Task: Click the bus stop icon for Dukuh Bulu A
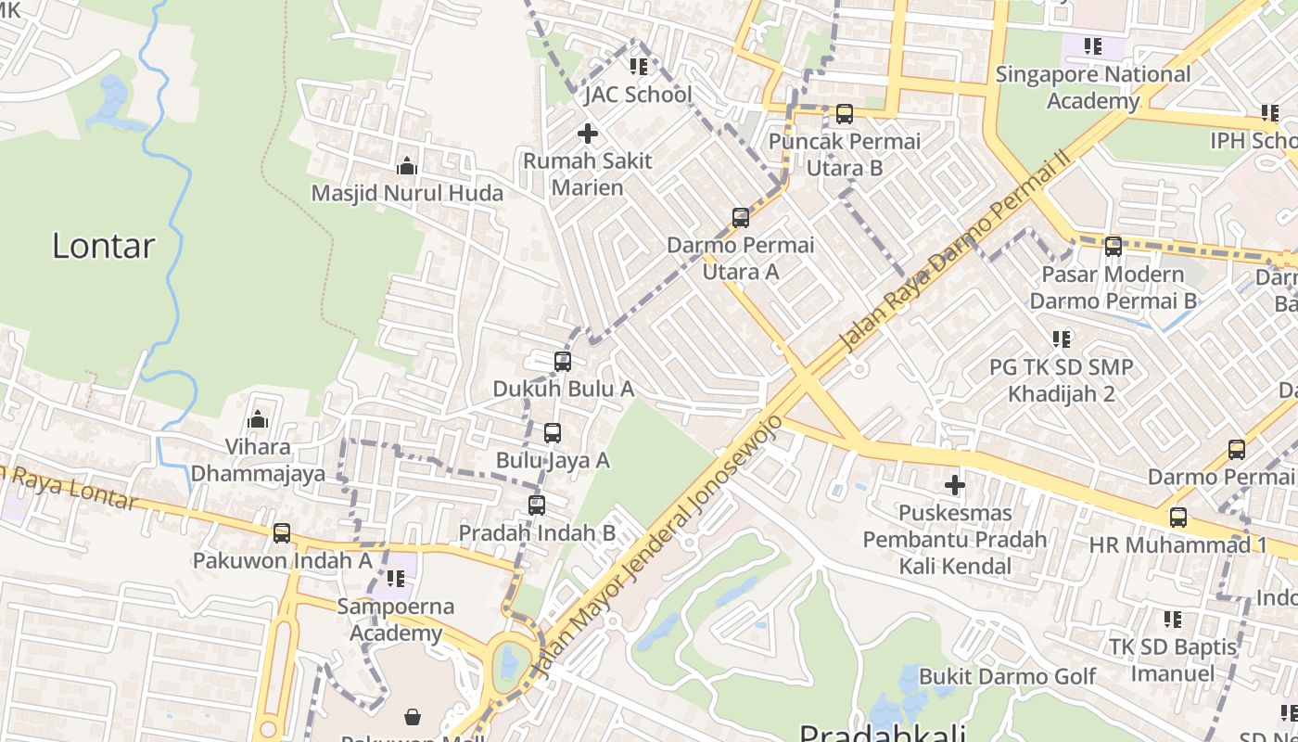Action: click(x=562, y=362)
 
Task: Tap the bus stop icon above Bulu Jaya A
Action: click(x=553, y=433)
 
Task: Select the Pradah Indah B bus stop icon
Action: click(x=536, y=505)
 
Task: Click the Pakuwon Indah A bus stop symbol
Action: click(x=282, y=533)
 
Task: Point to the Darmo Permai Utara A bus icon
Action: click(x=740, y=218)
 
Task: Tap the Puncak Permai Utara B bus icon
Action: click(x=844, y=114)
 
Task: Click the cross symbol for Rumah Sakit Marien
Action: click(x=587, y=134)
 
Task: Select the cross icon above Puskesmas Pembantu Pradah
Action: click(x=954, y=485)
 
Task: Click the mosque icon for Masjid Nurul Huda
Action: click(x=406, y=167)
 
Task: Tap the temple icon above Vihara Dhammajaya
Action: click(x=258, y=420)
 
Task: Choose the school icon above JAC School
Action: click(x=638, y=67)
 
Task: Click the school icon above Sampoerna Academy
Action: click(x=396, y=579)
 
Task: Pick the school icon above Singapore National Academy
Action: click(x=1092, y=45)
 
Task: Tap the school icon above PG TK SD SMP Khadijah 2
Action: click(x=1061, y=339)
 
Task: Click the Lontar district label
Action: click(x=103, y=246)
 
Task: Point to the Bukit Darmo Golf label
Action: click(x=1007, y=676)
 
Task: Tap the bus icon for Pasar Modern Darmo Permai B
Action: click(x=1113, y=247)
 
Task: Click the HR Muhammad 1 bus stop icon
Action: click(x=1177, y=517)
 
